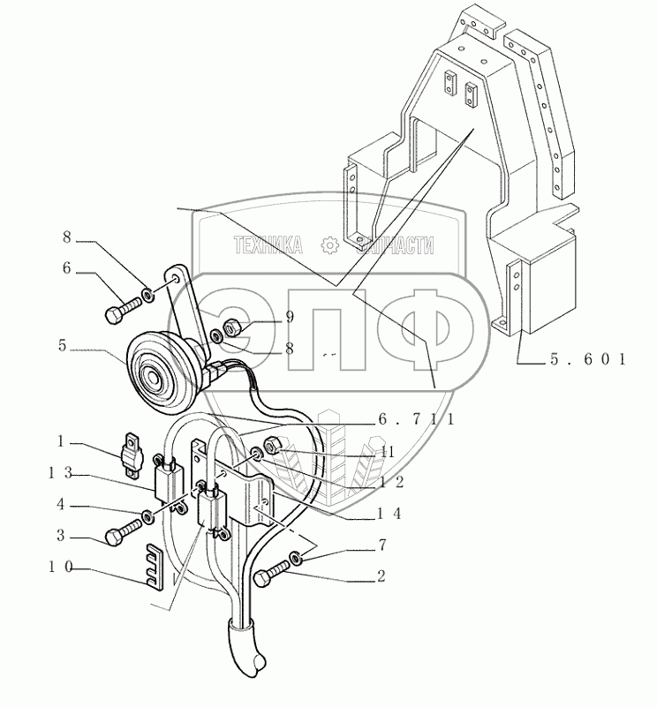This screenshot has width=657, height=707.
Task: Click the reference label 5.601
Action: [585, 359]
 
